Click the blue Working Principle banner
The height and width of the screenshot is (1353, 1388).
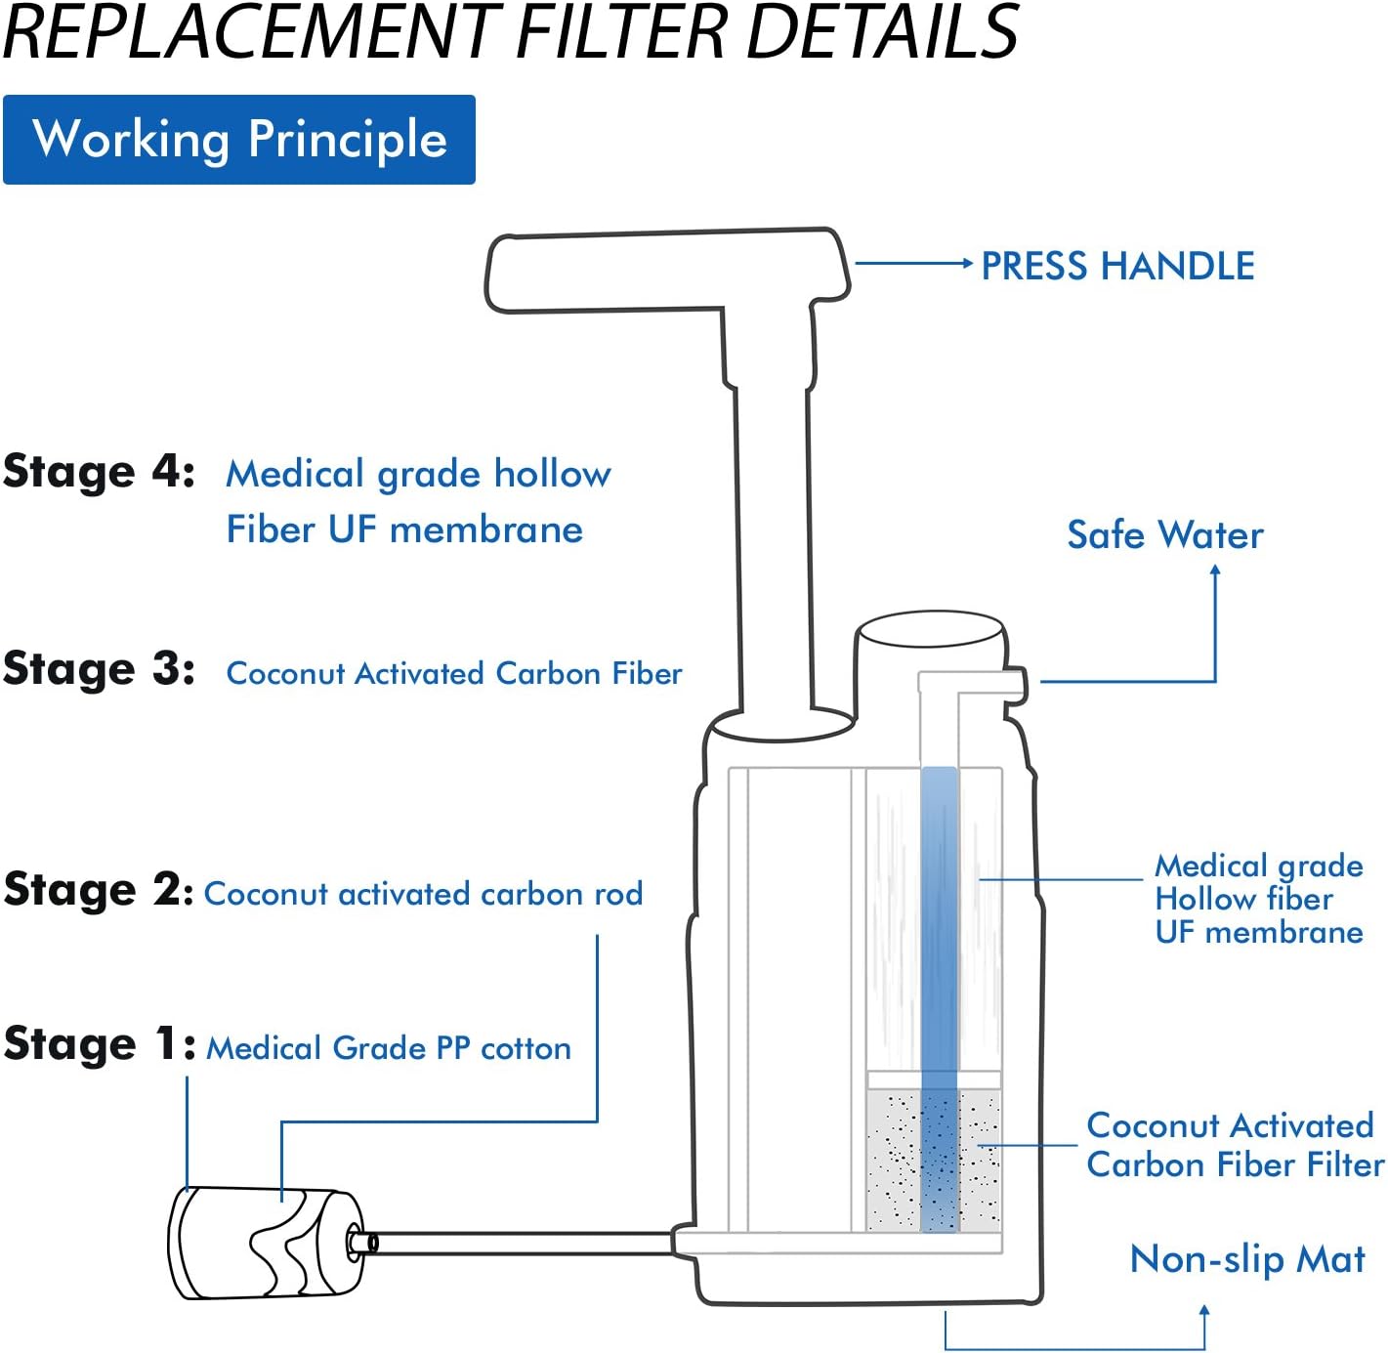click(x=238, y=140)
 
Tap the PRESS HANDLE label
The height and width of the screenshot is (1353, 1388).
click(x=1116, y=266)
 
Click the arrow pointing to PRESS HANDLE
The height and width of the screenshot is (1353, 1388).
click(x=913, y=263)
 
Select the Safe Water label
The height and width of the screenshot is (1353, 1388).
click(x=1164, y=535)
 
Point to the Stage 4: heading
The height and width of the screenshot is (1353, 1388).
click(x=99, y=473)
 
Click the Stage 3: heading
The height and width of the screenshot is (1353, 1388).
click(x=99, y=670)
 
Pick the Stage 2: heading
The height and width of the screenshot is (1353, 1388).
click(x=99, y=891)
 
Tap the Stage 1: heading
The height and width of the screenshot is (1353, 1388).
click(x=99, y=1044)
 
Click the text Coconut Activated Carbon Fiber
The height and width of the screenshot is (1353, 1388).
click(x=454, y=674)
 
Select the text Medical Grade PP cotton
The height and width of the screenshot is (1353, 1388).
click(x=389, y=1049)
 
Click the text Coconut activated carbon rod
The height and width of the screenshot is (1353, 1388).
click(x=423, y=894)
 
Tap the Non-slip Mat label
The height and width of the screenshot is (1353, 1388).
click(x=1246, y=1260)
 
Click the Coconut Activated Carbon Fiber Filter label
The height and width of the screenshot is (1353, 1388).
click(x=1234, y=1145)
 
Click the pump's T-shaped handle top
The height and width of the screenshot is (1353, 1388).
click(x=666, y=271)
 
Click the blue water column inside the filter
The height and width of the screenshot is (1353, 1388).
click(x=939, y=928)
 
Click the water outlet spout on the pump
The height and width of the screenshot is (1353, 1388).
click(x=1016, y=682)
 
